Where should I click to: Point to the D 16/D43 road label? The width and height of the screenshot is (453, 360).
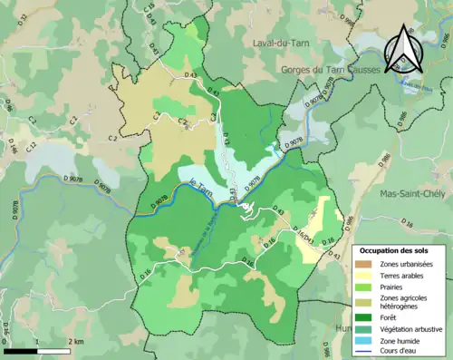[305, 235]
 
